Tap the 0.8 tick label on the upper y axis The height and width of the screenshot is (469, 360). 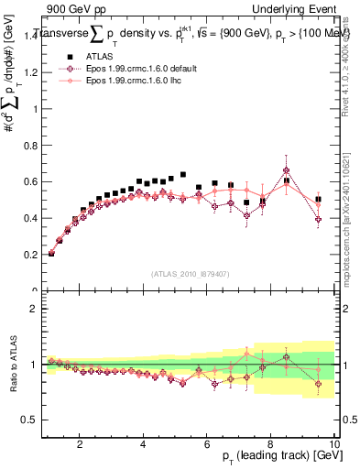click(x=33, y=181)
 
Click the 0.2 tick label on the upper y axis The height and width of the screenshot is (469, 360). click(x=33, y=255)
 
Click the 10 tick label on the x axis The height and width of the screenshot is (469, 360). click(x=334, y=444)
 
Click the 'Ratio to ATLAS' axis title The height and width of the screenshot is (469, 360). click(x=13, y=364)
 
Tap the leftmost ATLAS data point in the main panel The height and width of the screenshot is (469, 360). click(x=51, y=253)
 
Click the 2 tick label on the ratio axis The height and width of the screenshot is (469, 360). click(x=35, y=310)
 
